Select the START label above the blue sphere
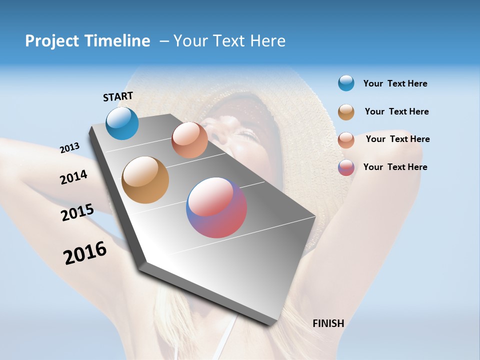pos(118,96)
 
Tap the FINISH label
pos(328,323)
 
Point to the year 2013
pos(69,148)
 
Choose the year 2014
pos(73,177)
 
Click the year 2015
pos(77,212)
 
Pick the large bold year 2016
pos(85,253)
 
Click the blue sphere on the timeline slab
pos(122,123)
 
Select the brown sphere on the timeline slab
pos(145,180)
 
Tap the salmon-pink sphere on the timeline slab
pos(189,139)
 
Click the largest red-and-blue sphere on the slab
pos(216,207)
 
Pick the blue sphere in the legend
pos(346,83)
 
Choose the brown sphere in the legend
pos(346,112)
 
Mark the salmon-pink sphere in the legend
pos(346,140)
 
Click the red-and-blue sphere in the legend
pos(346,167)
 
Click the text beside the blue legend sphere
pos(395,84)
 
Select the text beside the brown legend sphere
pos(396,111)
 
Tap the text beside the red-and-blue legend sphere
pos(395,167)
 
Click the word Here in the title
pos(267,41)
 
